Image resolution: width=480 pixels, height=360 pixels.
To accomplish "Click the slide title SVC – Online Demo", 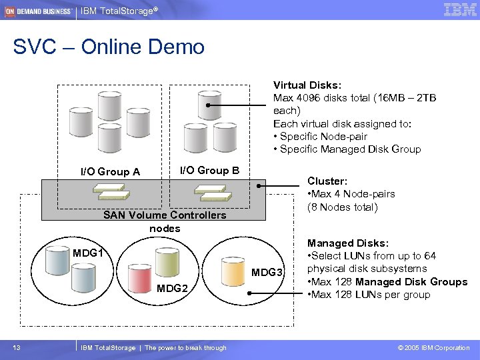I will click(x=109, y=47).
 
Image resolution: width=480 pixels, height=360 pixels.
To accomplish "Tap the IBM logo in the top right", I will click(x=459, y=9).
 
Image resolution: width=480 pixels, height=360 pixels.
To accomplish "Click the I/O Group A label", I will click(x=110, y=171).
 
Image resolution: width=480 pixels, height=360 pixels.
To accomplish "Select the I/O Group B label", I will click(x=209, y=170).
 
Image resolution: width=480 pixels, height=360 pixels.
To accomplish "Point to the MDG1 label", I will click(x=88, y=253).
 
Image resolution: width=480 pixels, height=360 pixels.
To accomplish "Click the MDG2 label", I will click(x=172, y=288).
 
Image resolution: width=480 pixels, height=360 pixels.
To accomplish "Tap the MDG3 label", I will click(x=267, y=273).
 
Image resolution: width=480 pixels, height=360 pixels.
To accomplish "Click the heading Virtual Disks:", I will click(x=307, y=85).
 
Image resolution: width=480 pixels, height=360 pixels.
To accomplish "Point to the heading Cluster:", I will click(x=327, y=181).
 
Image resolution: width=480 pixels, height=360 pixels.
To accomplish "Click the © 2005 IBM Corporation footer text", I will click(x=433, y=347).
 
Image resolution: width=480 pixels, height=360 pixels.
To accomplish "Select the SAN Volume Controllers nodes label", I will click(x=165, y=221).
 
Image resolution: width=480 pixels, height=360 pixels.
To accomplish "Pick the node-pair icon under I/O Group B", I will click(x=213, y=192).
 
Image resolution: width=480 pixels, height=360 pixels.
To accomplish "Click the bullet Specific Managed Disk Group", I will click(x=350, y=149).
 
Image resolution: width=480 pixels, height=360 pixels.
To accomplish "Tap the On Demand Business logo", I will click(x=39, y=11).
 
